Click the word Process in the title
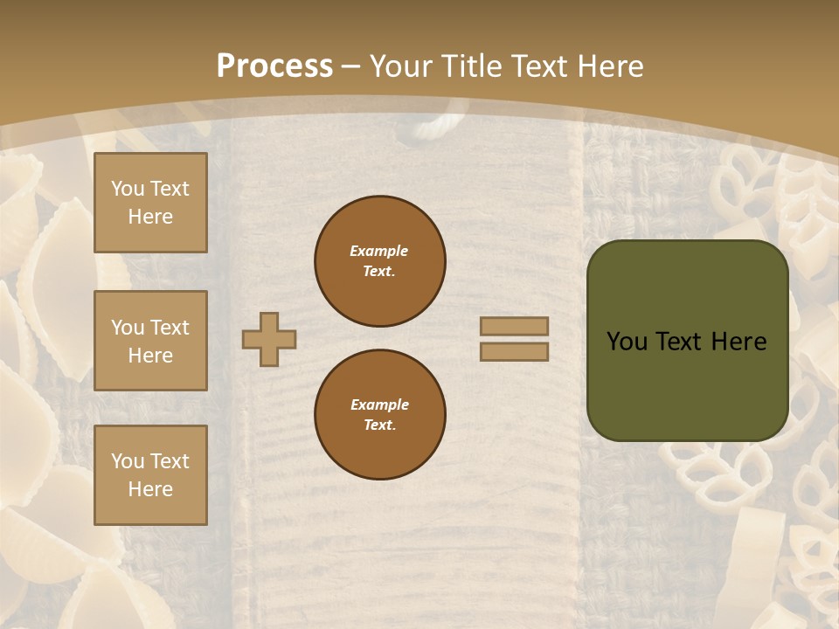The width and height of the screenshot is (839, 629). pos(274,66)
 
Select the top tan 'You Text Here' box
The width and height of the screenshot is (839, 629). pos(150,203)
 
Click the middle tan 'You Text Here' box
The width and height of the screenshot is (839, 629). pos(150,341)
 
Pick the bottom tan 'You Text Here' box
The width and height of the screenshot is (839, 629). pos(150,474)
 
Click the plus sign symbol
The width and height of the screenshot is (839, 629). pos(269,339)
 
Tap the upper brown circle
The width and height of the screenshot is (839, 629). pos(380,261)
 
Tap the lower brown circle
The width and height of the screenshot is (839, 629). pos(380,415)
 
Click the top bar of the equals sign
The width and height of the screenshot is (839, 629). pos(515,326)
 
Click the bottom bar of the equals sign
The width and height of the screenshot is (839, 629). pos(515,351)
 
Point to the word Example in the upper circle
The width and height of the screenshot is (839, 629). pos(379,251)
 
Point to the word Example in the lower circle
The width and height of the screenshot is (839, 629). pos(379,404)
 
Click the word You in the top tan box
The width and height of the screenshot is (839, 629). pos(128,189)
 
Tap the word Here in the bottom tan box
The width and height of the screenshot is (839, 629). pos(150,489)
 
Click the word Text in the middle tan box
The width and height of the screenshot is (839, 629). pos(170,328)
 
